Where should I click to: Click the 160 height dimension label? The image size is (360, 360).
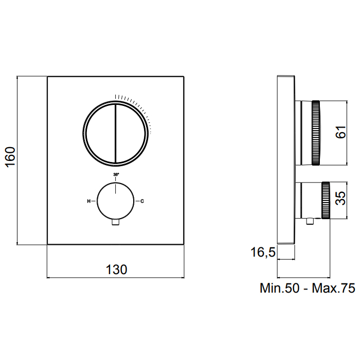(x=11, y=157)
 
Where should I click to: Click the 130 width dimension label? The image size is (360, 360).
(x=116, y=269)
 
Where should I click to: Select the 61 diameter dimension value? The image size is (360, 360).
(x=340, y=132)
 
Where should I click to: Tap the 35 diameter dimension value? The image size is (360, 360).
(x=340, y=198)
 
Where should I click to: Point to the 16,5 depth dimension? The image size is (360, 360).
(x=263, y=253)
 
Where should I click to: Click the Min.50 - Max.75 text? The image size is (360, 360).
(x=308, y=288)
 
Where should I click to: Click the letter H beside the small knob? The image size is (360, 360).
(x=88, y=202)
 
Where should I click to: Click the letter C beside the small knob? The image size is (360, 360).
(x=142, y=202)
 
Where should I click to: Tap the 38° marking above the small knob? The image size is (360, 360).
(x=116, y=174)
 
